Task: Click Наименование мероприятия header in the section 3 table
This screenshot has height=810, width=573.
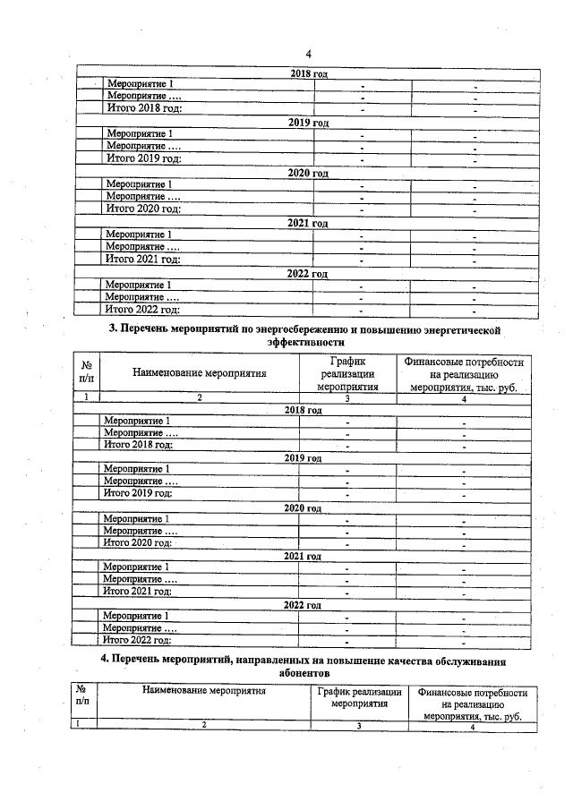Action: click(x=199, y=374)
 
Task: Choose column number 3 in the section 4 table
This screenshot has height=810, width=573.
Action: click(x=358, y=726)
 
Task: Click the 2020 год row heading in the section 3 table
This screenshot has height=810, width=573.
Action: click(x=303, y=507)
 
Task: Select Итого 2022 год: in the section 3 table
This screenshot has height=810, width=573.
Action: click(x=138, y=640)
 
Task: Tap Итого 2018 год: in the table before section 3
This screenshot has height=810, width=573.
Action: click(x=143, y=108)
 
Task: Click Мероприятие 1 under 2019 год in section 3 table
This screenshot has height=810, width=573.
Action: click(x=137, y=469)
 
